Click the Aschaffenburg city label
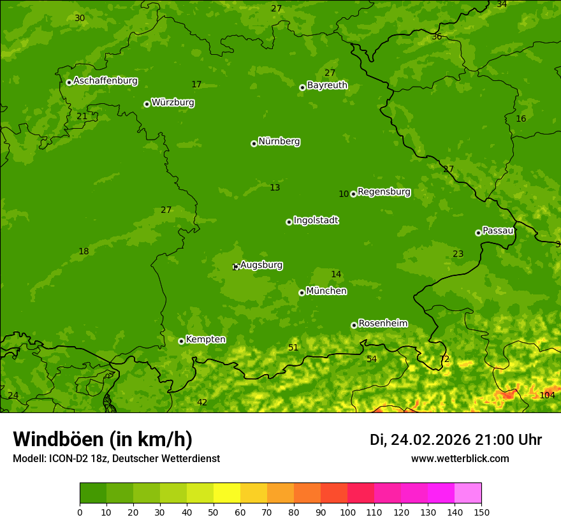(x=105, y=81)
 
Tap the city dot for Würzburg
(x=147, y=104)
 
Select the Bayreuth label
(x=327, y=85)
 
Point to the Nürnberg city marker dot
(x=254, y=143)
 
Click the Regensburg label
(x=384, y=192)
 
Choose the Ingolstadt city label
(x=316, y=221)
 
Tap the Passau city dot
(x=478, y=233)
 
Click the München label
(x=326, y=291)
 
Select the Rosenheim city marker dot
(x=354, y=325)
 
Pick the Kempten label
(x=205, y=340)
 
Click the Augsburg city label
(x=261, y=265)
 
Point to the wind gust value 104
(x=547, y=395)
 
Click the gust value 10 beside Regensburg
(x=344, y=194)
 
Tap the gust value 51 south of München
(x=293, y=347)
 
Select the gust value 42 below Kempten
(x=202, y=402)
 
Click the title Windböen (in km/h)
(x=103, y=439)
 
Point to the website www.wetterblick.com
(x=460, y=459)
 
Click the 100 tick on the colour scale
(x=347, y=512)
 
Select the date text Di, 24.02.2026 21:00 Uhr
(x=456, y=440)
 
